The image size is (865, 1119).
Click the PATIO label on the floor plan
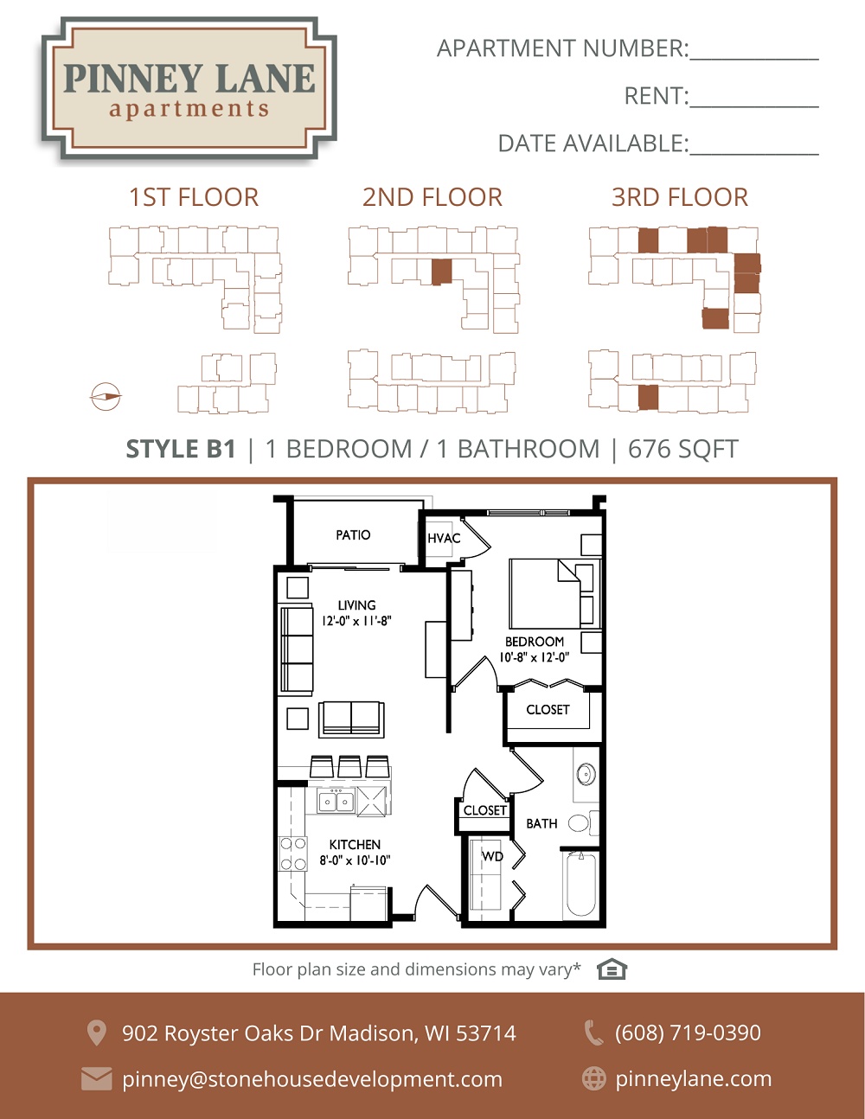353,535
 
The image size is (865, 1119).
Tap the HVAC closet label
444,538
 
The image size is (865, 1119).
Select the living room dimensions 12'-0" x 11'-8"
356,621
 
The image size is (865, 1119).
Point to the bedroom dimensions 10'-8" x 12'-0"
535,657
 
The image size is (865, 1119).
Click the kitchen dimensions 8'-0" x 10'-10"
355,860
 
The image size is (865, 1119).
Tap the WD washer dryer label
492,856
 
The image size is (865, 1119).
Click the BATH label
541,824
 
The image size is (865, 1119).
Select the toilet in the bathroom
583,823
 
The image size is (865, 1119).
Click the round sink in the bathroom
586,774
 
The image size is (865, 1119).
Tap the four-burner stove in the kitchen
293,854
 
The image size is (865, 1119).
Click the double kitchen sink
336,802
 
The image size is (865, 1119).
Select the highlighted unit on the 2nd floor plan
441,272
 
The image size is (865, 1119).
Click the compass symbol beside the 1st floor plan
106,397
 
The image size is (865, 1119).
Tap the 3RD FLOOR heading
680,198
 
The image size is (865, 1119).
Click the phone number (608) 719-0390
688,1033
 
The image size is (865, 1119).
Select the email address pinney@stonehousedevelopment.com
312,1079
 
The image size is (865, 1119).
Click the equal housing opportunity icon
612,969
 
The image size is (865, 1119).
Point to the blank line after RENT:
754,106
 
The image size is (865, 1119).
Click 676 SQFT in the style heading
683,449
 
